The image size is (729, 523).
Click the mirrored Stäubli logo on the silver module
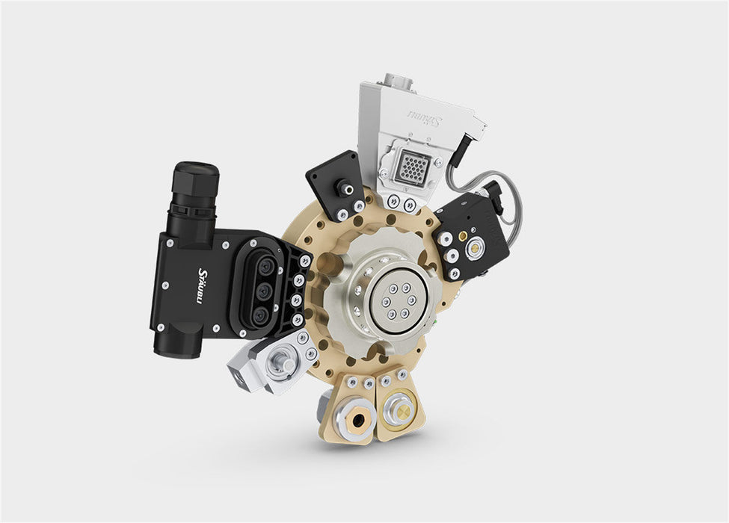(423, 119)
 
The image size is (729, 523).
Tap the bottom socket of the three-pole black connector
(261, 315)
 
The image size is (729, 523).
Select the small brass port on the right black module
(463, 235)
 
